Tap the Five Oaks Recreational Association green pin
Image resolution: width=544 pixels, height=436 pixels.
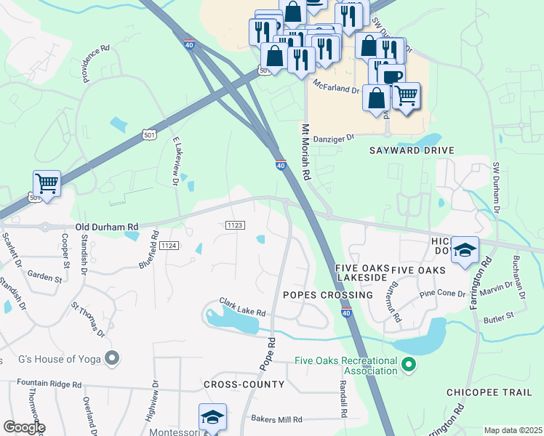409,364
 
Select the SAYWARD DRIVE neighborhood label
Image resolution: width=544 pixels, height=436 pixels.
412,150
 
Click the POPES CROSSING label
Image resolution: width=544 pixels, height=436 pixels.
327,295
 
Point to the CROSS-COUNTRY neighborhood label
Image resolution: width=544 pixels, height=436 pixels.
244,384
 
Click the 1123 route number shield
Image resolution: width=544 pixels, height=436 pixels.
235,226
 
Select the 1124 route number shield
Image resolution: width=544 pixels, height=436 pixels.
168,246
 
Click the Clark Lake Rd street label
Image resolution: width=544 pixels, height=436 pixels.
243,307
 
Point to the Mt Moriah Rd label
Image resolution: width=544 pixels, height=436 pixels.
305,151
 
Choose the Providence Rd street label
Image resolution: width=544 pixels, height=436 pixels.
95,60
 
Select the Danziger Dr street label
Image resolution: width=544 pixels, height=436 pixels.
334,137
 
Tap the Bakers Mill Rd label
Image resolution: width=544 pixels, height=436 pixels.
276,419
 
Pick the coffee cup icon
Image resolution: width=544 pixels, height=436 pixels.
391,76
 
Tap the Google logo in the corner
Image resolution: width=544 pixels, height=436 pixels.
23,427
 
